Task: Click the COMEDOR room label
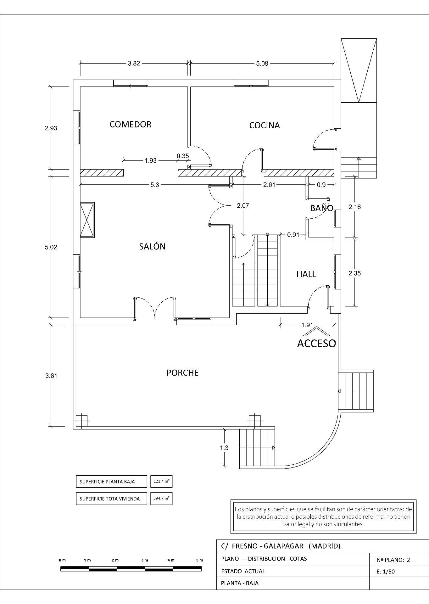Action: [130, 125]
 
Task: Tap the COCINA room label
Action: [264, 126]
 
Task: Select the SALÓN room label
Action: [152, 247]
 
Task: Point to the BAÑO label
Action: [321, 208]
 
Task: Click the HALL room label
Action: [306, 274]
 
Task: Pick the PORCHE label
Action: [182, 373]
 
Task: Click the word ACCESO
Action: [316, 344]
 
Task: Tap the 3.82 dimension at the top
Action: [134, 63]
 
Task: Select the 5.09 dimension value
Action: [262, 63]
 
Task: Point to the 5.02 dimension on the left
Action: [51, 247]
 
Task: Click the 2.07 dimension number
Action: [243, 206]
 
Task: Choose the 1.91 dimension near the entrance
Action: [307, 325]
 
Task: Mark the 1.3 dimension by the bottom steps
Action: [224, 448]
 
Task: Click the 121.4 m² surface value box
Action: [161, 481]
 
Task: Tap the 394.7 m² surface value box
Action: [161, 498]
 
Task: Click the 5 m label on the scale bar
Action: [199, 560]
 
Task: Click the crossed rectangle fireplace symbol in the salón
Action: [87, 220]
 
